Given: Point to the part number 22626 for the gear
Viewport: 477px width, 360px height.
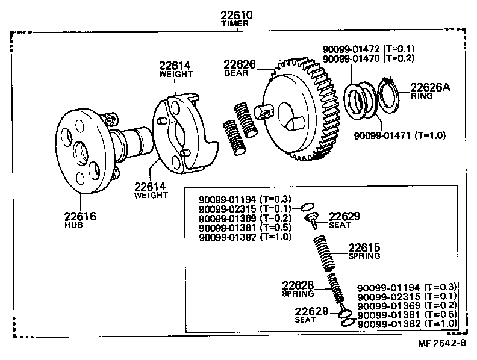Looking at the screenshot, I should pos(239,64).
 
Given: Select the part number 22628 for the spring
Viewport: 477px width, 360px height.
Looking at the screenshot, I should pos(298,285).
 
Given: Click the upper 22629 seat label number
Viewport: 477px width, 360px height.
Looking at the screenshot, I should pos(344,216).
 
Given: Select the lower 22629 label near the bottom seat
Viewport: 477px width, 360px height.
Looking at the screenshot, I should pos(311,311).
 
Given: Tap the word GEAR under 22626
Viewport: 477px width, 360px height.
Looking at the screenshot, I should pos(235,73).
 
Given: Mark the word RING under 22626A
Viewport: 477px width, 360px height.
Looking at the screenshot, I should pos(420,96).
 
